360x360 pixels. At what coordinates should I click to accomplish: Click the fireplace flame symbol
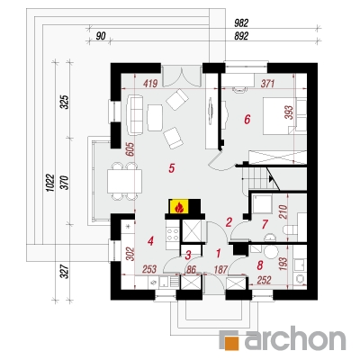point(179,207)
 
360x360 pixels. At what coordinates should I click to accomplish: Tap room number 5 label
point(171,168)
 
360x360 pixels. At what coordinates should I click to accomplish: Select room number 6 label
point(247,120)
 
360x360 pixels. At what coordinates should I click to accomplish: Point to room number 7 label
point(265,224)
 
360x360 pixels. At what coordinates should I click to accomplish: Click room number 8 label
point(260,265)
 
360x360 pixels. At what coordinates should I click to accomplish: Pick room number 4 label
point(150,240)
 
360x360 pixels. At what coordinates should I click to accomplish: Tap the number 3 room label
point(188,256)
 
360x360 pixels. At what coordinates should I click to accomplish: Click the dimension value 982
point(241,22)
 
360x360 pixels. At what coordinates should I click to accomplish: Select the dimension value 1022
point(50,183)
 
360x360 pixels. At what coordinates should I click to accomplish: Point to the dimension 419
point(149,83)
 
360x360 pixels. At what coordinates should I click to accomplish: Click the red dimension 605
point(130,149)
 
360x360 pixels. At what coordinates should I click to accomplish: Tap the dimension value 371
point(266,83)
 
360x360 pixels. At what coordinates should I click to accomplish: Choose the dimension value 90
point(101,36)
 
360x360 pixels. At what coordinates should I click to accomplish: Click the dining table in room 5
point(124,181)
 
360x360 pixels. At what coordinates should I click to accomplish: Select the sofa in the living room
point(135,115)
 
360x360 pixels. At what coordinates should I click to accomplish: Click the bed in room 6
point(279,115)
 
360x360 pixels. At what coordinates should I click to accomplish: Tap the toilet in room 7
point(291,230)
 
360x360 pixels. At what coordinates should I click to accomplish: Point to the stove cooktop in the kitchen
point(173,234)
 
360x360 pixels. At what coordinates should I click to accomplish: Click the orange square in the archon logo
point(235,341)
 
